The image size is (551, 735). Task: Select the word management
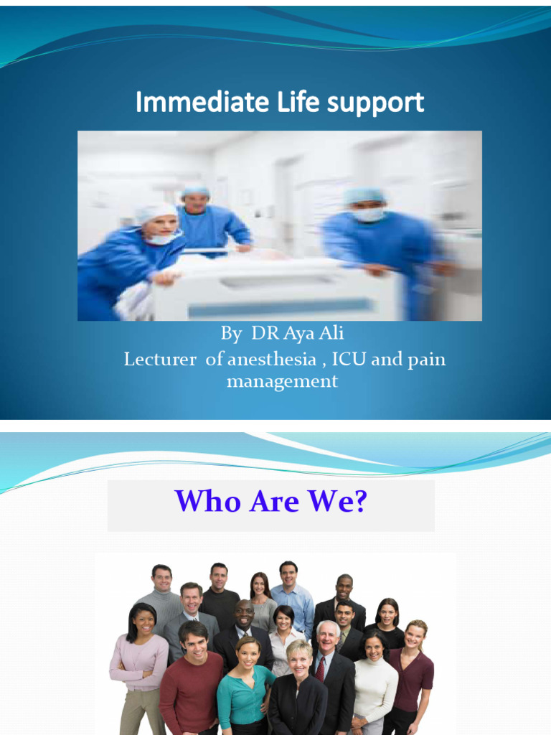point(282,381)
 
